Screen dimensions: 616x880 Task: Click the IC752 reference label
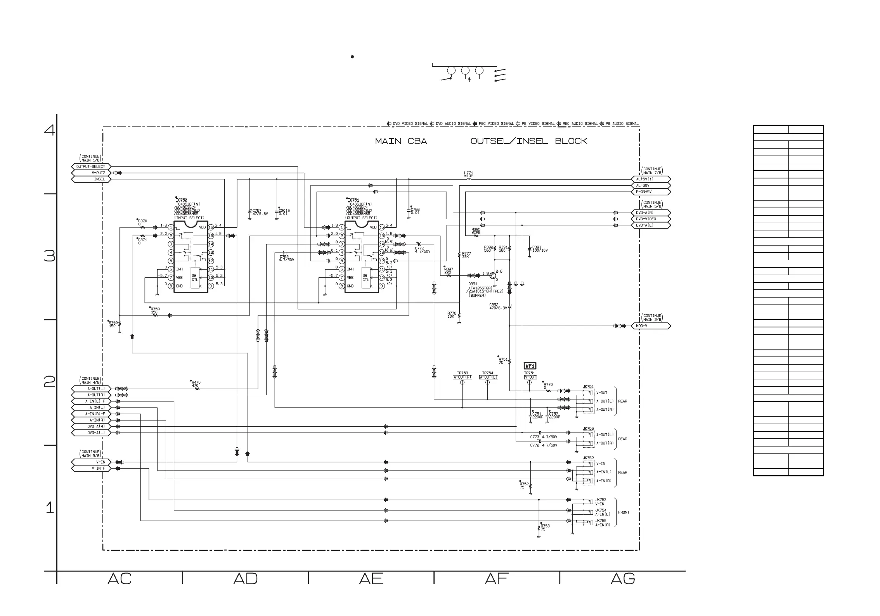[x=182, y=200]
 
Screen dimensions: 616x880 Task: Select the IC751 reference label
[x=353, y=200]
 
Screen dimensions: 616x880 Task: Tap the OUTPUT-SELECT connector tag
[x=91, y=166]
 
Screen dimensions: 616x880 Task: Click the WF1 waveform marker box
[x=530, y=366]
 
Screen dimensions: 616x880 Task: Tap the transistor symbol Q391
[x=493, y=276]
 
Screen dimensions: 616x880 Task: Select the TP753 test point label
[x=462, y=373]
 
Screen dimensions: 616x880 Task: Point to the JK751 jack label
[x=588, y=386]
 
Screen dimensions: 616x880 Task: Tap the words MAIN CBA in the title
[x=401, y=141]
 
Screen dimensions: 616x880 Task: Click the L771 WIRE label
[x=469, y=175]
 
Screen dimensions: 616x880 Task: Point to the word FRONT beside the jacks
[x=624, y=512]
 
